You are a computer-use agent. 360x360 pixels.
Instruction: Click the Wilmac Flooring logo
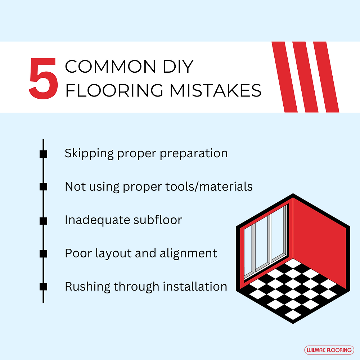[329, 350]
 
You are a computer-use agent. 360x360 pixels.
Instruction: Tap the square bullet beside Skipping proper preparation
[43, 154]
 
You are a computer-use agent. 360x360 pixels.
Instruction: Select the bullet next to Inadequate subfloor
[43, 220]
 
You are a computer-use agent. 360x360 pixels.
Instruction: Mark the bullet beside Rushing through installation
[43, 287]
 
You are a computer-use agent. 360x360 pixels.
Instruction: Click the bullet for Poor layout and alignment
[43, 253]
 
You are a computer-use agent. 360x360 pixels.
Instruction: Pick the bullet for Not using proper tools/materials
[43, 186]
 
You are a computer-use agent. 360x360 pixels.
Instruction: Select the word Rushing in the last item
[87, 287]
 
